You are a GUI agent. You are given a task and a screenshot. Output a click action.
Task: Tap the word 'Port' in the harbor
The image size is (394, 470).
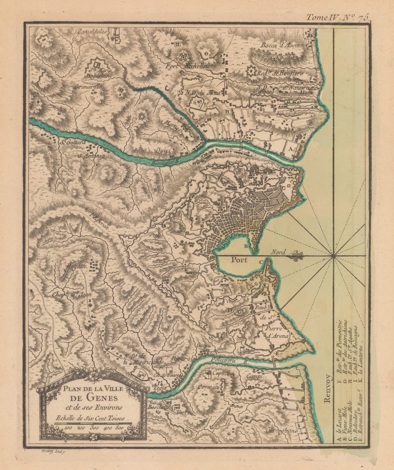coord(239,260)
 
